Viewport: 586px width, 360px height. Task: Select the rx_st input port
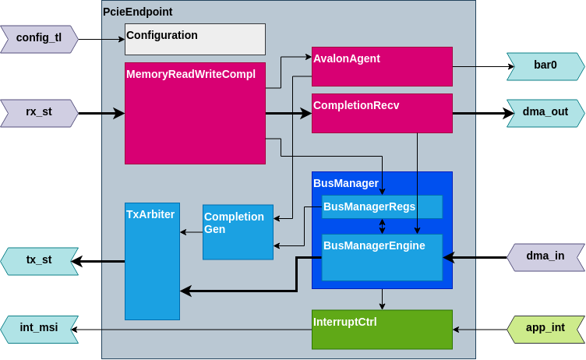39,112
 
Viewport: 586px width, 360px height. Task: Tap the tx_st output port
39,261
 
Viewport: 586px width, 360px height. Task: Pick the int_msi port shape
39,329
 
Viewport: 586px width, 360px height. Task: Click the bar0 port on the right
545,66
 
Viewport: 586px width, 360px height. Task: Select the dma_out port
545,113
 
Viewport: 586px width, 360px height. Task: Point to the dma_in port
545,256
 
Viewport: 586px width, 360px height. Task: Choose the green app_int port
545,329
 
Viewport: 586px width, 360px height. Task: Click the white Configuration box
195,39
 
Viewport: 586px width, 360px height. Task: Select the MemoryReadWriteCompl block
195,113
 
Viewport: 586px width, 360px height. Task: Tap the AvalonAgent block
382,66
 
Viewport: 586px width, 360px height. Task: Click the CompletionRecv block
382,113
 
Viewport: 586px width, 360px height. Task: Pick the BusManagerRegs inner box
382,206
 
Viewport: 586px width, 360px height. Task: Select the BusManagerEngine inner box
382,257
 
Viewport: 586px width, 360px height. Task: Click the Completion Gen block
238,231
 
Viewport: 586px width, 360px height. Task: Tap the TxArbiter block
152,261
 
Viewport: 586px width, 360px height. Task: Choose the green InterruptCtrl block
382,329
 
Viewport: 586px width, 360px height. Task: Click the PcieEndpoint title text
138,12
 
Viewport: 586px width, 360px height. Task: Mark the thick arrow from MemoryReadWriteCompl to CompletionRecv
288,113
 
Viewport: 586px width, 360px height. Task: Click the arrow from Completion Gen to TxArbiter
191,231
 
